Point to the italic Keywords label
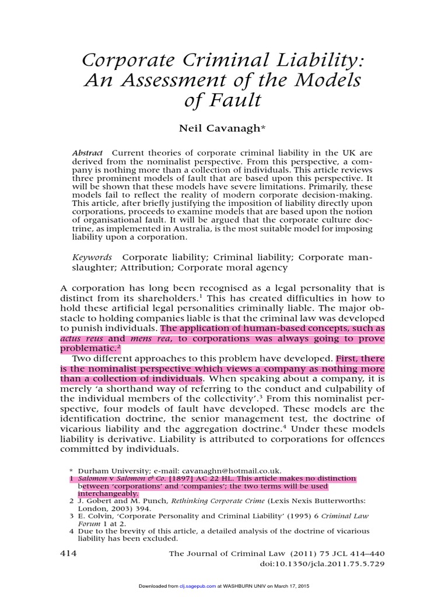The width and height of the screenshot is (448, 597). click(92, 257)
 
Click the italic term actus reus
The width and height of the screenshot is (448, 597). click(83, 338)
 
